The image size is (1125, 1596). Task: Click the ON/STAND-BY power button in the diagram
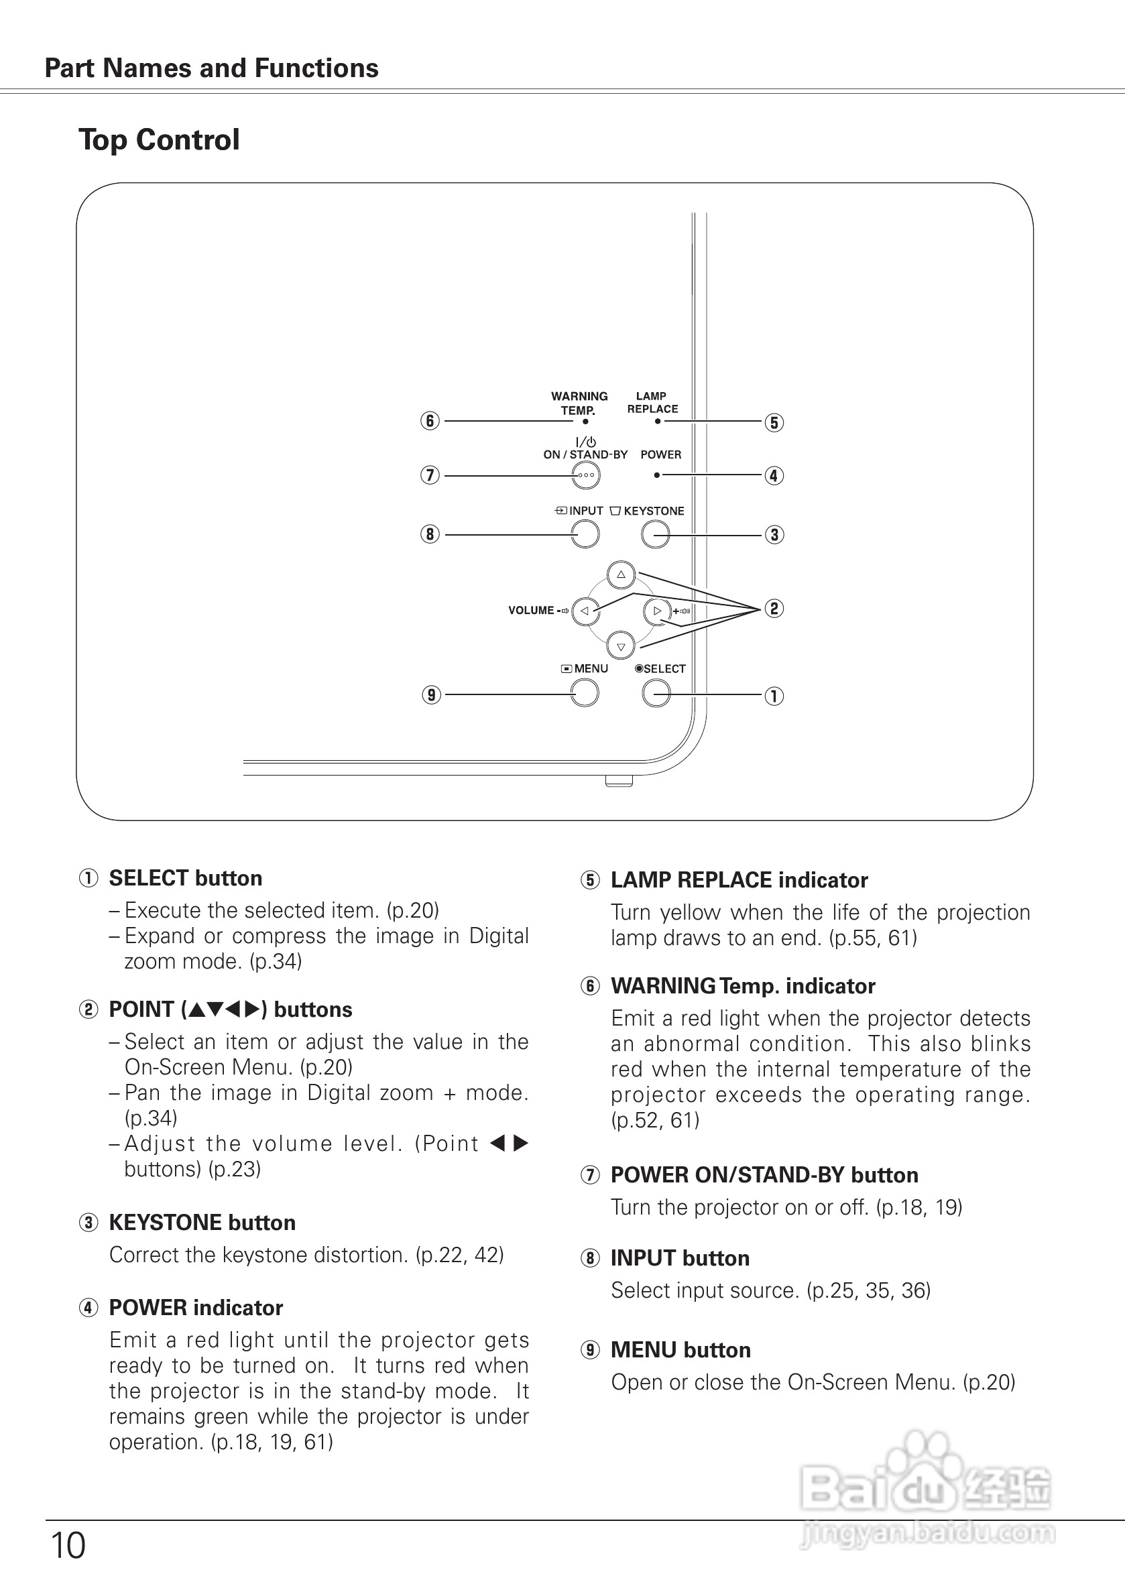click(585, 476)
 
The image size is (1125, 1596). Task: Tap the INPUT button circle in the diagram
click(585, 534)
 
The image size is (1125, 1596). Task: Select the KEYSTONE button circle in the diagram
click(655, 534)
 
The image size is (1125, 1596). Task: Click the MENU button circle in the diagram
click(585, 693)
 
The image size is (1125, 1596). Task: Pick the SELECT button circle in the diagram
click(656, 693)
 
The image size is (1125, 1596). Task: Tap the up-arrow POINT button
click(621, 575)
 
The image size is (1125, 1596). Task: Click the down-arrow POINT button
click(621, 646)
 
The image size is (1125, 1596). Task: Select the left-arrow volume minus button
click(585, 611)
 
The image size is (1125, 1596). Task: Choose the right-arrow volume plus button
click(657, 611)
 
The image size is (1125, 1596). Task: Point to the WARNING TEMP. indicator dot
click(585, 421)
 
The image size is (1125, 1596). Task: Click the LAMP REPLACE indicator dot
click(658, 420)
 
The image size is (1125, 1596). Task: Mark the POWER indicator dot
click(657, 475)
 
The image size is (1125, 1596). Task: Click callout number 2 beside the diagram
click(774, 609)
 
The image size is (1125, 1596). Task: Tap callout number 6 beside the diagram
click(430, 421)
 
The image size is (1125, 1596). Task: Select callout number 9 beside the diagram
click(432, 695)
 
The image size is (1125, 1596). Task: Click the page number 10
click(68, 1546)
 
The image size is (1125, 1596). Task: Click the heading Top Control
click(159, 139)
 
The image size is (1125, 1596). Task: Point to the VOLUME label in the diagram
click(530, 611)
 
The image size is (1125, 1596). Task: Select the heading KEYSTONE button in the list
click(202, 1223)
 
